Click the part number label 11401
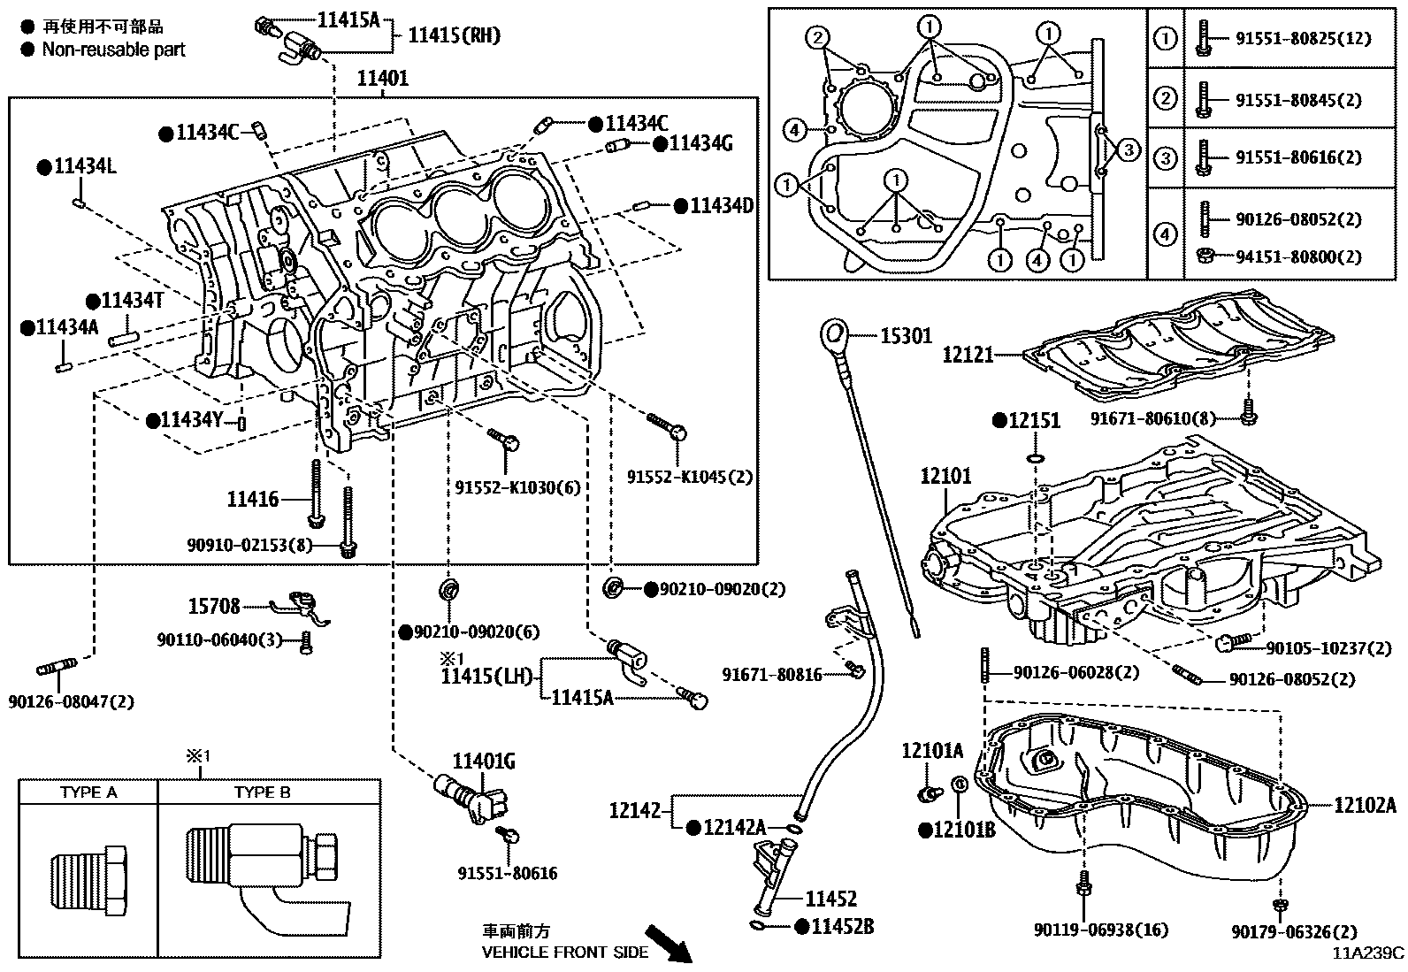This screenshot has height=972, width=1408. coord(382,79)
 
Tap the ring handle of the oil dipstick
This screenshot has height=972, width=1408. coord(833,334)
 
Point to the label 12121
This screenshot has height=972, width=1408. coord(968,356)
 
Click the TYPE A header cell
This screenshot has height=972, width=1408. coord(88,792)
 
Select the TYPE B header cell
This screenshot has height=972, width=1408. coord(262,792)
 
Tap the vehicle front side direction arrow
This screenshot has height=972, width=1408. coord(667,943)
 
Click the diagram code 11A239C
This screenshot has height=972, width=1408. coord(1369,953)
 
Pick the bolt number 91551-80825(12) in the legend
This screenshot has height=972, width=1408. coord(1297,38)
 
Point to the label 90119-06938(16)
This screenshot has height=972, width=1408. coord(1100,930)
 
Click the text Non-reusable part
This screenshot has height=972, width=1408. coord(113,50)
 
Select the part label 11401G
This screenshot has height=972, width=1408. coord(483,762)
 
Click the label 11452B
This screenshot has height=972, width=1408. coord(842,926)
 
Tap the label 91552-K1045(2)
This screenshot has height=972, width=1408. coord(690,477)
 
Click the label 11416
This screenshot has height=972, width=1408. coord(253,500)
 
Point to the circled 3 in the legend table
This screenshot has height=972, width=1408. coord(1166,158)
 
